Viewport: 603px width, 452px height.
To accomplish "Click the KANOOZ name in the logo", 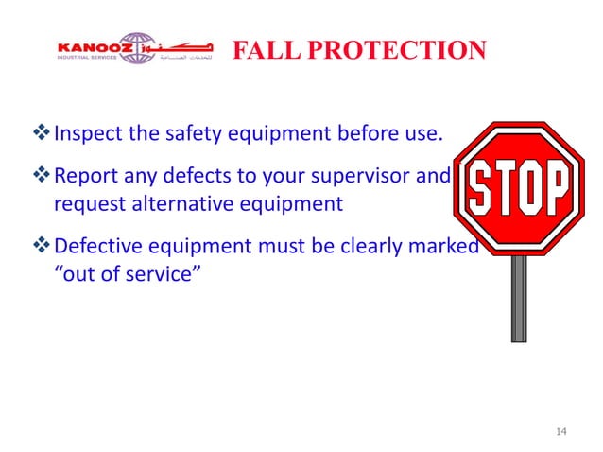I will [91, 43].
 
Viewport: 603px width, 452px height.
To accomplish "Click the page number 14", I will [561, 432].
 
